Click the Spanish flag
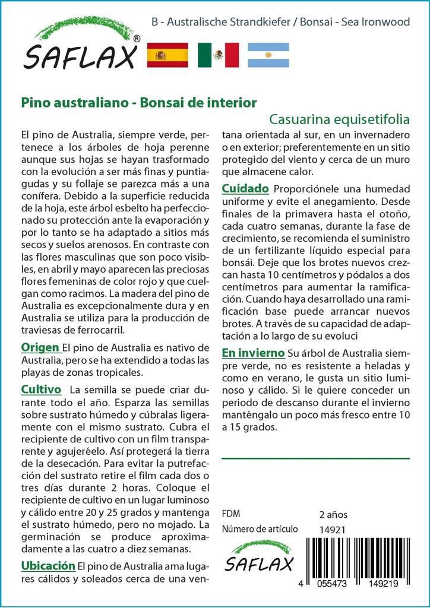click(167, 55)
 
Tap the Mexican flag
click(218, 55)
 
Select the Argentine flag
click(268, 55)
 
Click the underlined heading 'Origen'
click(40, 347)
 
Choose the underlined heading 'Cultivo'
click(41, 389)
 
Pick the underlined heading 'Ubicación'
click(48, 565)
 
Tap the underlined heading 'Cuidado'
click(245, 189)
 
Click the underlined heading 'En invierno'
click(253, 353)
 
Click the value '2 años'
click(333, 514)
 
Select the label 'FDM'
click(231, 514)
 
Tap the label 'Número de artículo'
click(259, 530)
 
